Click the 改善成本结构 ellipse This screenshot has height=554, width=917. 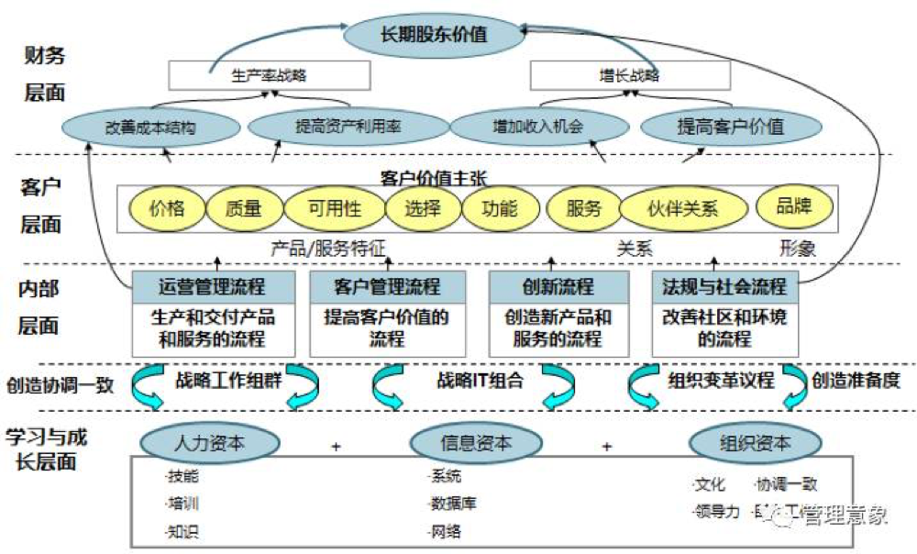click(x=150, y=127)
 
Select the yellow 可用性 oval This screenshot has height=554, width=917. click(x=334, y=208)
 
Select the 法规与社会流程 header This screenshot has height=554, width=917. click(x=724, y=287)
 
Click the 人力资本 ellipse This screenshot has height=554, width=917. click(x=209, y=443)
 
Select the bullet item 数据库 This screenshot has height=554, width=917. click(x=453, y=504)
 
